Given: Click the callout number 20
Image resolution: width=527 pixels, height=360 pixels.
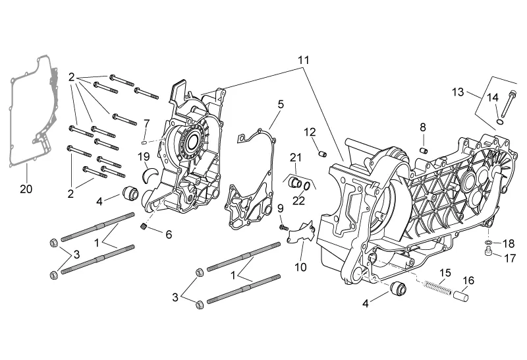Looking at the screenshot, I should click(x=26, y=189).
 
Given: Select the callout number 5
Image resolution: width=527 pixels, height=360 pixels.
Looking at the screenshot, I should click(x=280, y=104).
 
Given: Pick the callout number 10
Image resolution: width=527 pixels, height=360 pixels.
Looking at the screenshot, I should click(x=300, y=267).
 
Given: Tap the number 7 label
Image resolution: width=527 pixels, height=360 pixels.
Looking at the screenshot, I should click(x=147, y=123).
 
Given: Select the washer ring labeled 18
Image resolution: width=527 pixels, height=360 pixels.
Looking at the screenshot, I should click(x=486, y=243).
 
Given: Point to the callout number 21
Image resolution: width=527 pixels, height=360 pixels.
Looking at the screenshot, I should click(x=296, y=157).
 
